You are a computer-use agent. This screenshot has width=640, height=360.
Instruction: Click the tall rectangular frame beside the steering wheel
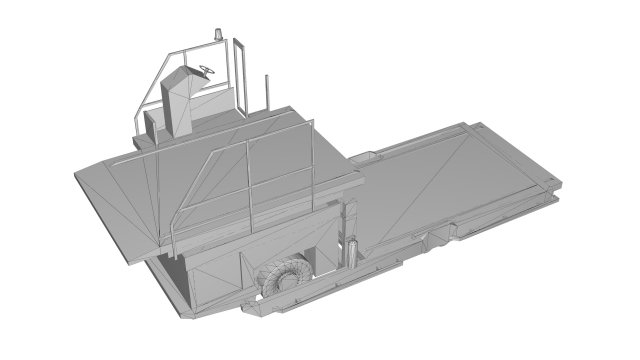click(240, 75)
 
